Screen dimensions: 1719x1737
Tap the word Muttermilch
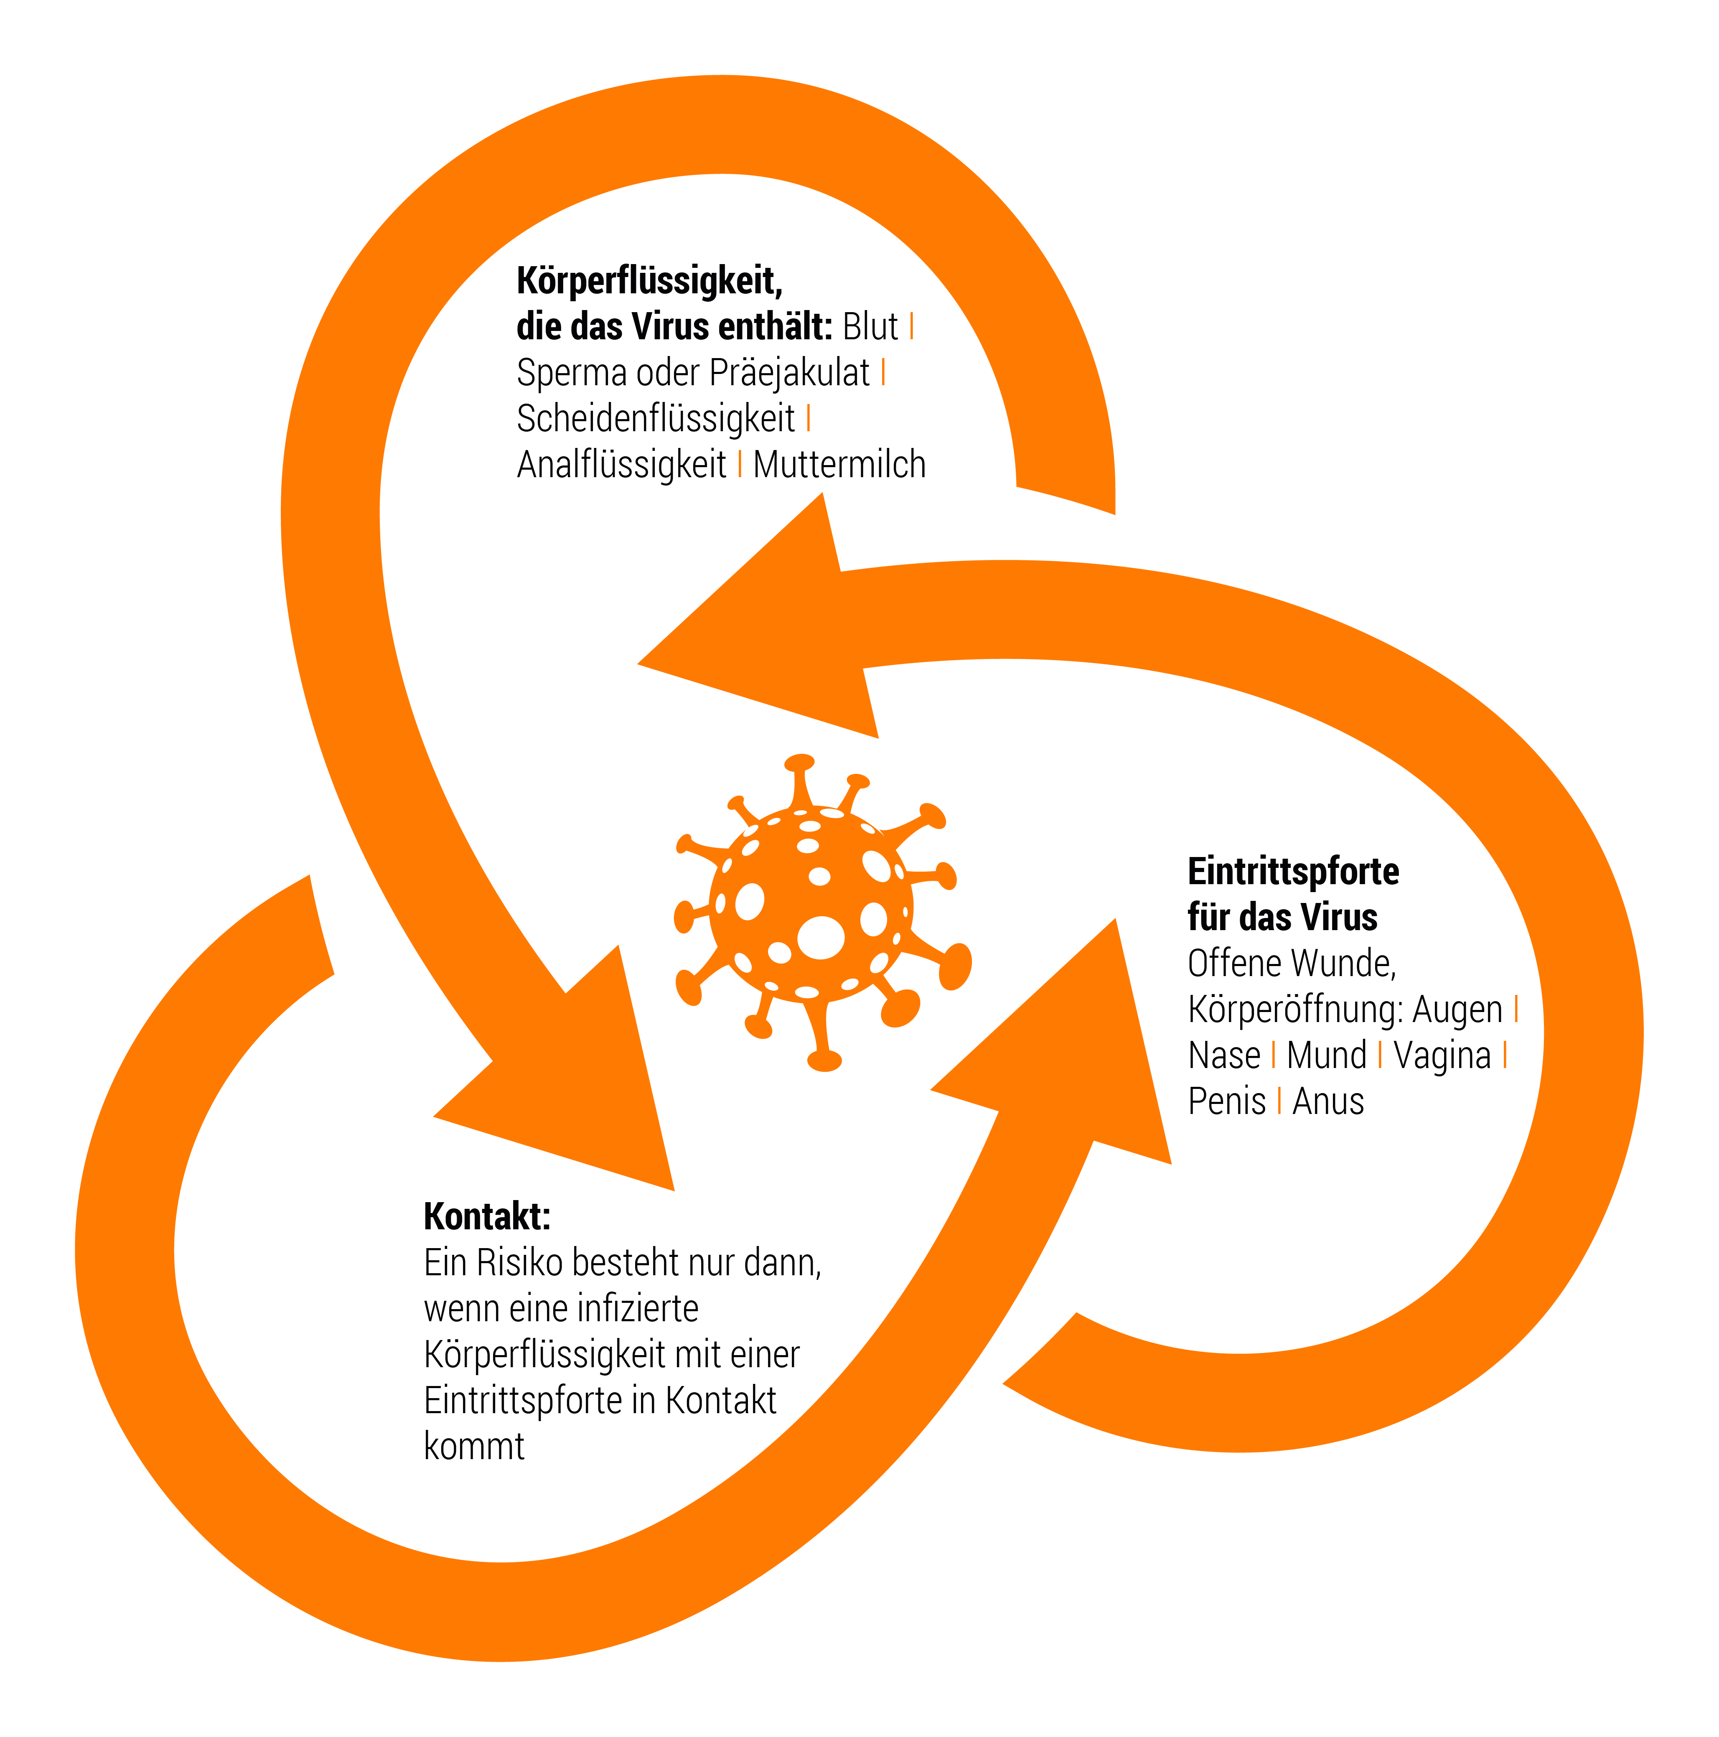[839, 465]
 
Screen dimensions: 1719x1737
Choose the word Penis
[1226, 1101]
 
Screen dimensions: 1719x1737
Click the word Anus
[1328, 1101]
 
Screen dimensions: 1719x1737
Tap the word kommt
[474, 1447]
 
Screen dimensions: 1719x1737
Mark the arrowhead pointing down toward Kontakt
[554, 1067]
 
